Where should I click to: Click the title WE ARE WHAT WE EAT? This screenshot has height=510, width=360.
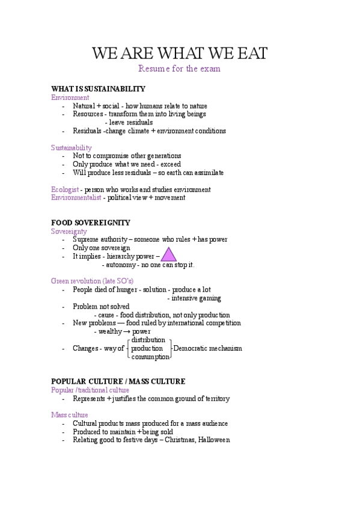180,53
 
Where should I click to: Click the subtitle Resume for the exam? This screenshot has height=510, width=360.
179,69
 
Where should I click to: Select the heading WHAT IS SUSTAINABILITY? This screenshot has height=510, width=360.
98,89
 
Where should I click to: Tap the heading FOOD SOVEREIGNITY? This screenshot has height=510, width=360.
91,223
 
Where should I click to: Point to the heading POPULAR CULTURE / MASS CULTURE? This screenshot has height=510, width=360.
118,381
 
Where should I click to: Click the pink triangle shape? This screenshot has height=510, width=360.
168,255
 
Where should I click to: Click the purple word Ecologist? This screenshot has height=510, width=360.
65,189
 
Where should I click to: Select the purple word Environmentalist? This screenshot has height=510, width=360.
76,197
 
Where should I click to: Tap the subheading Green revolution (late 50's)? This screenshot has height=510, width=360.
92,281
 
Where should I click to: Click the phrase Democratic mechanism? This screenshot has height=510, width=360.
207,348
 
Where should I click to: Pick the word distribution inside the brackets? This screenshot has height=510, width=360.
148,340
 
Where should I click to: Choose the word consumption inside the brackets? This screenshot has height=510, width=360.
150,357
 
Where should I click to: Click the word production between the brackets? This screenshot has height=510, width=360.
147,348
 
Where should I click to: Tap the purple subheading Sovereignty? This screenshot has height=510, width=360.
69,231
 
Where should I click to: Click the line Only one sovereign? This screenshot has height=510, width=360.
101,248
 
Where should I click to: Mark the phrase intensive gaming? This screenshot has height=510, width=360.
196,298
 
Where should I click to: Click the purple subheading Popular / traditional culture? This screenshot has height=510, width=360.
90,390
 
